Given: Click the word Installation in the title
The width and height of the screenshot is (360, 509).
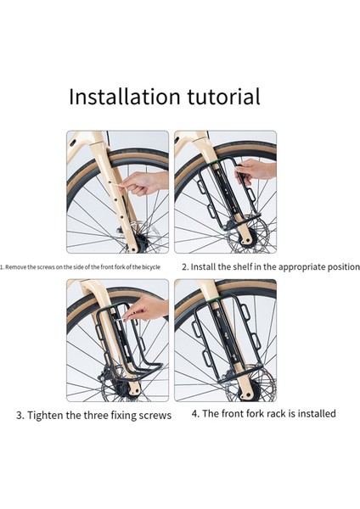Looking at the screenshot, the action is pos(125,97).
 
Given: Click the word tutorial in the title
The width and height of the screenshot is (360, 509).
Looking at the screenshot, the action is pos(224,97).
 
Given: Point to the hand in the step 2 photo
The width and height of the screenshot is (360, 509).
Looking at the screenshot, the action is pos(256,171).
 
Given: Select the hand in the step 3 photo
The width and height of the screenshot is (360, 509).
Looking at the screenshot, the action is pos(146,309).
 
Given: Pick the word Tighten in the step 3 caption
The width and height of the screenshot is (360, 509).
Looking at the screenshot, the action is pos(45,415).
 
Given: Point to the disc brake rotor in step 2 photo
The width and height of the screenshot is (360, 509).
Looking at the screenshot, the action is pos(257,233).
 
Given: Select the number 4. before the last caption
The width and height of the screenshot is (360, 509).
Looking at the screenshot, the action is pos(195,414).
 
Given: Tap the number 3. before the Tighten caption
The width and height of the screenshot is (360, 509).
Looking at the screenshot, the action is pos(20,416).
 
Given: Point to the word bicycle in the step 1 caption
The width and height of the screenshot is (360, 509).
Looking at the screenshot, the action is pos(151,267).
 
